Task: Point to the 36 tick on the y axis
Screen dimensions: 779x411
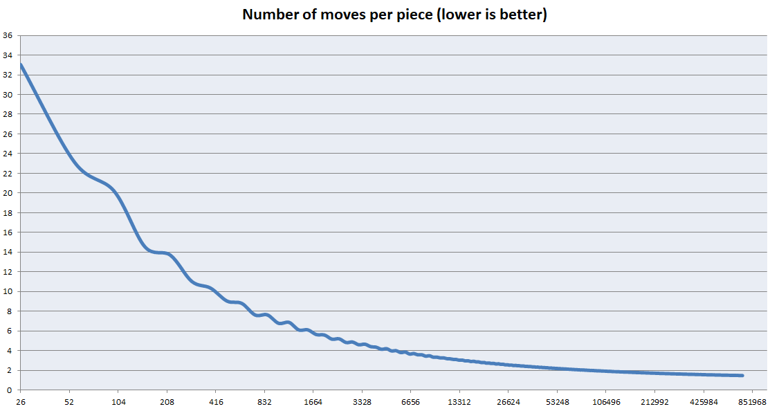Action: pyautogui.click(x=8, y=35)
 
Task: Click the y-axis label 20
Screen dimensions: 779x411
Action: pyautogui.click(x=8, y=193)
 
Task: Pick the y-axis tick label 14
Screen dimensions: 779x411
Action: pyautogui.click(x=8, y=252)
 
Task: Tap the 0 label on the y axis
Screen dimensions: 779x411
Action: pyautogui.click(x=10, y=390)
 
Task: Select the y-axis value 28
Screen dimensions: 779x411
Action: pyautogui.click(x=8, y=114)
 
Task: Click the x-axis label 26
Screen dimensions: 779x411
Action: pyautogui.click(x=20, y=402)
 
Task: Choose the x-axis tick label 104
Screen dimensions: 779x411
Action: pyautogui.click(x=118, y=402)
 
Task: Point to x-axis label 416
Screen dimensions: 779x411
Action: pyautogui.click(x=216, y=402)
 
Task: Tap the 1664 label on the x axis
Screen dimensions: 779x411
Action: pyautogui.click(x=313, y=402)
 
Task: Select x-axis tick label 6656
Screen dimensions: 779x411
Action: pyautogui.click(x=410, y=402)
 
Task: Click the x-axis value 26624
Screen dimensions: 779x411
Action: pyautogui.click(x=508, y=402)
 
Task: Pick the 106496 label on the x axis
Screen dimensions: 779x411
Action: pyautogui.click(x=606, y=402)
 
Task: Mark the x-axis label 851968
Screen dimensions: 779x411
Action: pyautogui.click(x=752, y=402)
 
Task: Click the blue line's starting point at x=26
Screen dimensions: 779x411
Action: pyautogui.click(x=20, y=64)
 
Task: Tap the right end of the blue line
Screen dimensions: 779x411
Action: pyautogui.click(x=743, y=376)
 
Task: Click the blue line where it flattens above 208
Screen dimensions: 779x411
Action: pyautogui.click(x=160, y=253)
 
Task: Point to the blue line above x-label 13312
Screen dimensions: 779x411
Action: pyautogui.click(x=459, y=360)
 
